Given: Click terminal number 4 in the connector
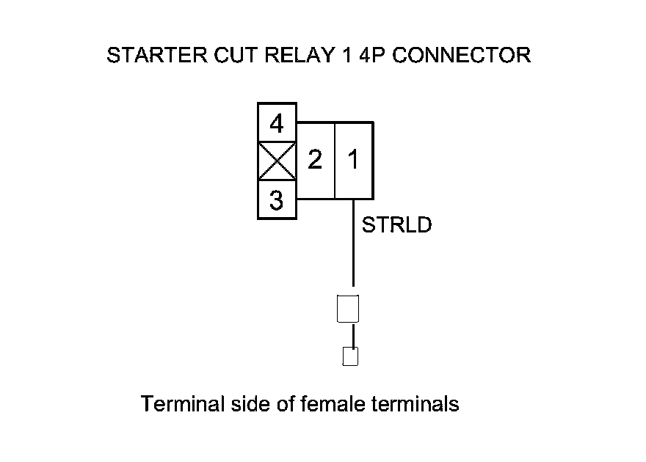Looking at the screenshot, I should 277,123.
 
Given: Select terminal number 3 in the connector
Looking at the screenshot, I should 277,200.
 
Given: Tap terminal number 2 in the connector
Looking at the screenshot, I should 315,160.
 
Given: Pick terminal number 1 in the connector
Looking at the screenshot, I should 354,160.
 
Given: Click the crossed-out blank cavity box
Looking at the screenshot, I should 276,161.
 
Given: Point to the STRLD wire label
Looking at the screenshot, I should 397,224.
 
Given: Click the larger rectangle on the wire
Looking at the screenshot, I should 346,308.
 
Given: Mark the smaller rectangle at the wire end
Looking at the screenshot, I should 350,356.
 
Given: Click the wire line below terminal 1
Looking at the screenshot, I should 353,242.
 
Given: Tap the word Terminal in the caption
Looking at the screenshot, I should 175,404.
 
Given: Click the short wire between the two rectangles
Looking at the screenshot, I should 353,335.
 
